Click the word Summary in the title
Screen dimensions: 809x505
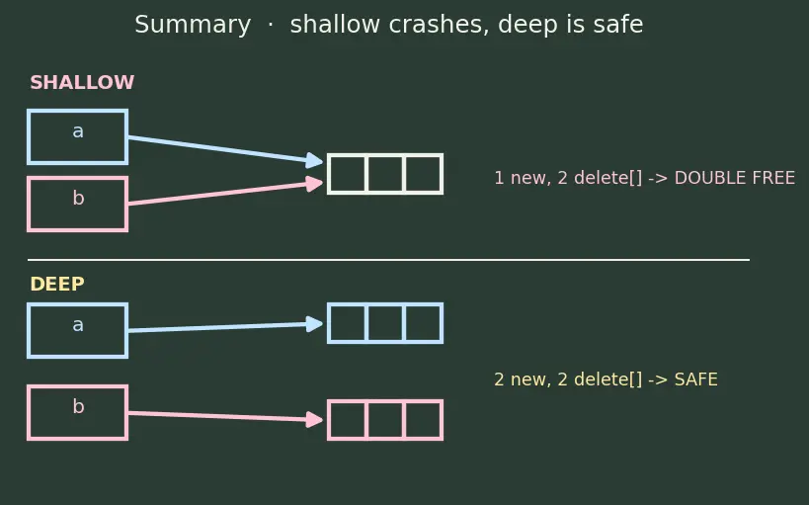tap(193, 25)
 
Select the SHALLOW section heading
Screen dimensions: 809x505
tap(82, 83)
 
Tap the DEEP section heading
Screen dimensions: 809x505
tap(57, 284)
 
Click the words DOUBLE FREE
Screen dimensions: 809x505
tap(734, 178)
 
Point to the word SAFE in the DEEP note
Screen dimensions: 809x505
tap(695, 379)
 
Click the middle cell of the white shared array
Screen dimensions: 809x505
tap(385, 174)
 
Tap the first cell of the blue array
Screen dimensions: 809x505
tap(347, 323)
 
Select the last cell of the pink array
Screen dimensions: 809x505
tap(424, 420)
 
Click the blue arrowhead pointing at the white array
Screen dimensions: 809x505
tap(314, 160)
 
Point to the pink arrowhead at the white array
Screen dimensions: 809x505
tap(314, 183)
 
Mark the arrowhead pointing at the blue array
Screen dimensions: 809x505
tap(314, 324)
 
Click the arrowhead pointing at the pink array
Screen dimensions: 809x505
tap(314, 419)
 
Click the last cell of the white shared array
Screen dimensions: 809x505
tap(424, 174)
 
